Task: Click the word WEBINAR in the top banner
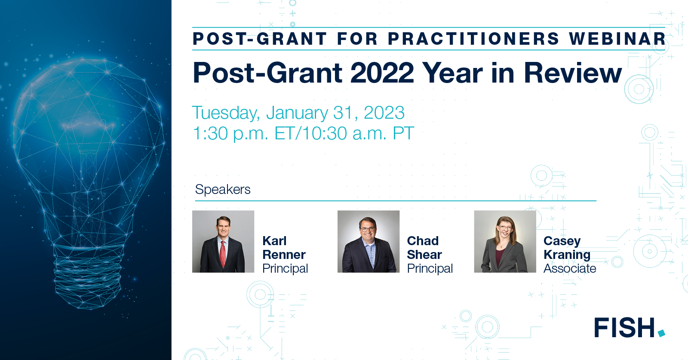pos(617,39)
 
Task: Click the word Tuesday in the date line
pos(225,113)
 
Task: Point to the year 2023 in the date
pos(384,113)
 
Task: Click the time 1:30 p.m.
pos(230,134)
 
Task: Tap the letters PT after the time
pos(403,134)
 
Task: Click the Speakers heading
pos(223,190)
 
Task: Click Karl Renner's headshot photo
pos(223,241)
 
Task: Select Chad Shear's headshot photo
pos(369,241)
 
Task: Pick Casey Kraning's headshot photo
pos(505,241)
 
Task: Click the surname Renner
pos(284,255)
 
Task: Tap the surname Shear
pos(424,255)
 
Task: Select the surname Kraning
pos(567,255)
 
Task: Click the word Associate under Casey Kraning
pos(570,268)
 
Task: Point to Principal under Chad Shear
pos(430,268)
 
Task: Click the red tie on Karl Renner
pos(223,254)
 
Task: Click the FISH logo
pos(625,328)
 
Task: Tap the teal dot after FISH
pos(661,333)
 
